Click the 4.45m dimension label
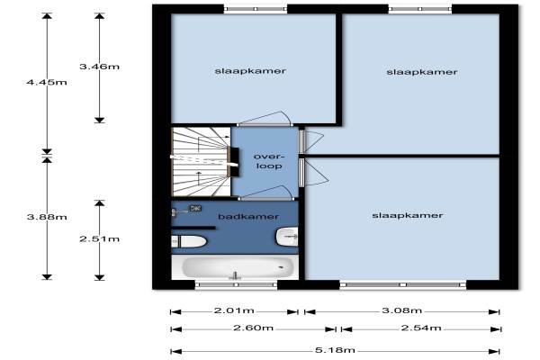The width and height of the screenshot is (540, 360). [x=47, y=82]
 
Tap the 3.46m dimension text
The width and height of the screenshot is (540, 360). [x=100, y=66]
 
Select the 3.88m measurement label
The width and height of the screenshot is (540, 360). [x=47, y=217]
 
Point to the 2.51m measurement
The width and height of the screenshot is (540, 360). [x=100, y=238]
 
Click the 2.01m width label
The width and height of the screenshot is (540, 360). [x=234, y=310]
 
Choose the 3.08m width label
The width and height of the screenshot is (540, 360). [x=402, y=310]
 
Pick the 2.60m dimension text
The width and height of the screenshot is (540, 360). [x=254, y=328]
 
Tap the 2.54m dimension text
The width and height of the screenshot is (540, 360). [x=421, y=328]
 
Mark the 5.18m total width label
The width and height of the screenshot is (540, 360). [x=335, y=350]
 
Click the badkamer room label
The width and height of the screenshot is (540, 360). [x=248, y=217]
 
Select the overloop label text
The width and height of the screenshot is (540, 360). [x=269, y=161]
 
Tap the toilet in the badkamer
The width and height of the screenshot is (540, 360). [x=189, y=241]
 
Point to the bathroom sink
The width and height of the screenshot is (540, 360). [x=287, y=237]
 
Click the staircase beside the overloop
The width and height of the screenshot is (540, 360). [x=201, y=162]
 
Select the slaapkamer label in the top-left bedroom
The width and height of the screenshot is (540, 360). [x=250, y=71]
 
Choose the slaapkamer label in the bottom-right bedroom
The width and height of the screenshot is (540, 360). [x=408, y=216]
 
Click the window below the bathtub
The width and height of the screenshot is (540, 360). [x=236, y=284]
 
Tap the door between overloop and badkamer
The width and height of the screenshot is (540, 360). [x=265, y=193]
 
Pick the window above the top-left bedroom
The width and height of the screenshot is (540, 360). [x=256, y=9]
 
